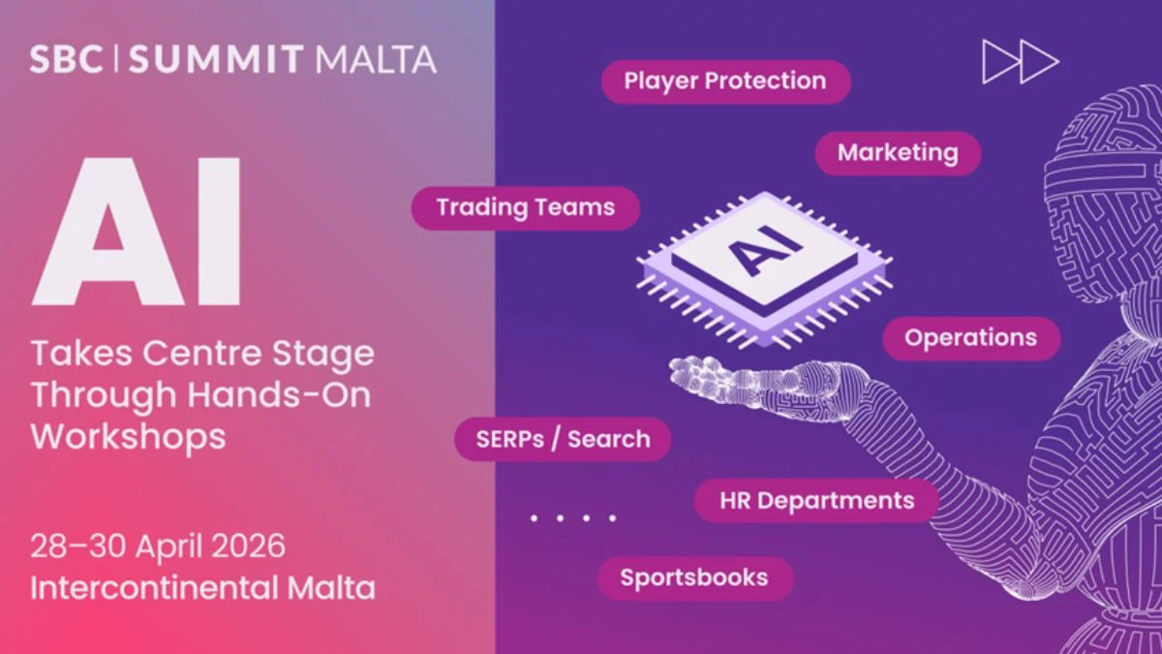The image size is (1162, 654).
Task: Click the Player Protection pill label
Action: pyautogui.click(x=725, y=81)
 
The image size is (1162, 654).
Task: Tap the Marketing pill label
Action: pyautogui.click(x=898, y=153)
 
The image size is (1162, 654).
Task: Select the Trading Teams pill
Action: pyautogui.click(x=526, y=207)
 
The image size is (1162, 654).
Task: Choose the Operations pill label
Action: pyautogui.click(x=971, y=338)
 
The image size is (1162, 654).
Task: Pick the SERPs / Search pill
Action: pyautogui.click(x=563, y=439)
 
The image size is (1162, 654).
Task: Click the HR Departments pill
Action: pyautogui.click(x=816, y=501)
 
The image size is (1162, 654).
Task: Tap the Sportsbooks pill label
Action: pyautogui.click(x=695, y=578)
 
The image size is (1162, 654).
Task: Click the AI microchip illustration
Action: pyautogui.click(x=765, y=270)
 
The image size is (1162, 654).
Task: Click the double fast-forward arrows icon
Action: pyautogui.click(x=1021, y=62)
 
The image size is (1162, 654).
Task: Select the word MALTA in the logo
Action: pyautogui.click(x=376, y=59)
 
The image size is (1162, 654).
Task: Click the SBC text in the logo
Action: pyautogui.click(x=66, y=59)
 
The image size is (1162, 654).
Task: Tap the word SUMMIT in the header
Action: pyautogui.click(x=215, y=59)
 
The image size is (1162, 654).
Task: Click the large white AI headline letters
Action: pyautogui.click(x=136, y=232)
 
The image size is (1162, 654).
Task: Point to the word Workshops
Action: pyautogui.click(x=128, y=436)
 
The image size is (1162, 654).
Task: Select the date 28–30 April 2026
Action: pyautogui.click(x=158, y=546)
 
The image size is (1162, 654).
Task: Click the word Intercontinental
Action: pyautogui.click(x=154, y=587)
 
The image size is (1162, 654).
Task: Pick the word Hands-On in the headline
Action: pyautogui.click(x=279, y=394)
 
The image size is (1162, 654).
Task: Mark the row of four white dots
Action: pyautogui.click(x=573, y=518)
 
